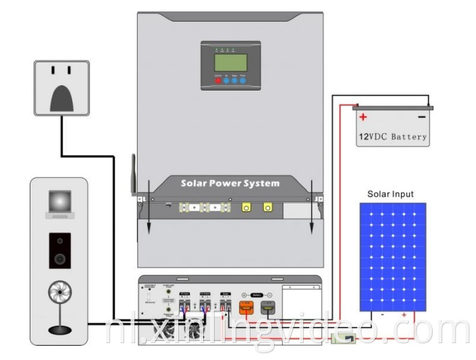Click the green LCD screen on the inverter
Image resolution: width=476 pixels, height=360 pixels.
pos(230,63)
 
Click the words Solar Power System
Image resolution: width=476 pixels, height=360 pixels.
pos(230,183)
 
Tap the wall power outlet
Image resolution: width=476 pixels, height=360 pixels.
pos(61,87)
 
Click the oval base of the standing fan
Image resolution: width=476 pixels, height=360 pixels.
pos(59,330)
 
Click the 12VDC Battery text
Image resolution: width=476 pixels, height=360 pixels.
pos(392,136)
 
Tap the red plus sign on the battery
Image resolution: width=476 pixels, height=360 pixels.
pos(363,117)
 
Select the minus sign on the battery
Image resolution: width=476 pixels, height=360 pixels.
pos(421,117)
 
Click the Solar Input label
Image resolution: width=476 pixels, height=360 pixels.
pos(390,195)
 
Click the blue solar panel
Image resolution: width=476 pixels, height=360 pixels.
pos(392,257)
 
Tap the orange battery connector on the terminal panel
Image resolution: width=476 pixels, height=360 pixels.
pos(247,309)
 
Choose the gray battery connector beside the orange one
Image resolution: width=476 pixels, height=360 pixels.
pos(268,309)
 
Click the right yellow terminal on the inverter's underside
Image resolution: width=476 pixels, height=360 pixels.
pos(268,209)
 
